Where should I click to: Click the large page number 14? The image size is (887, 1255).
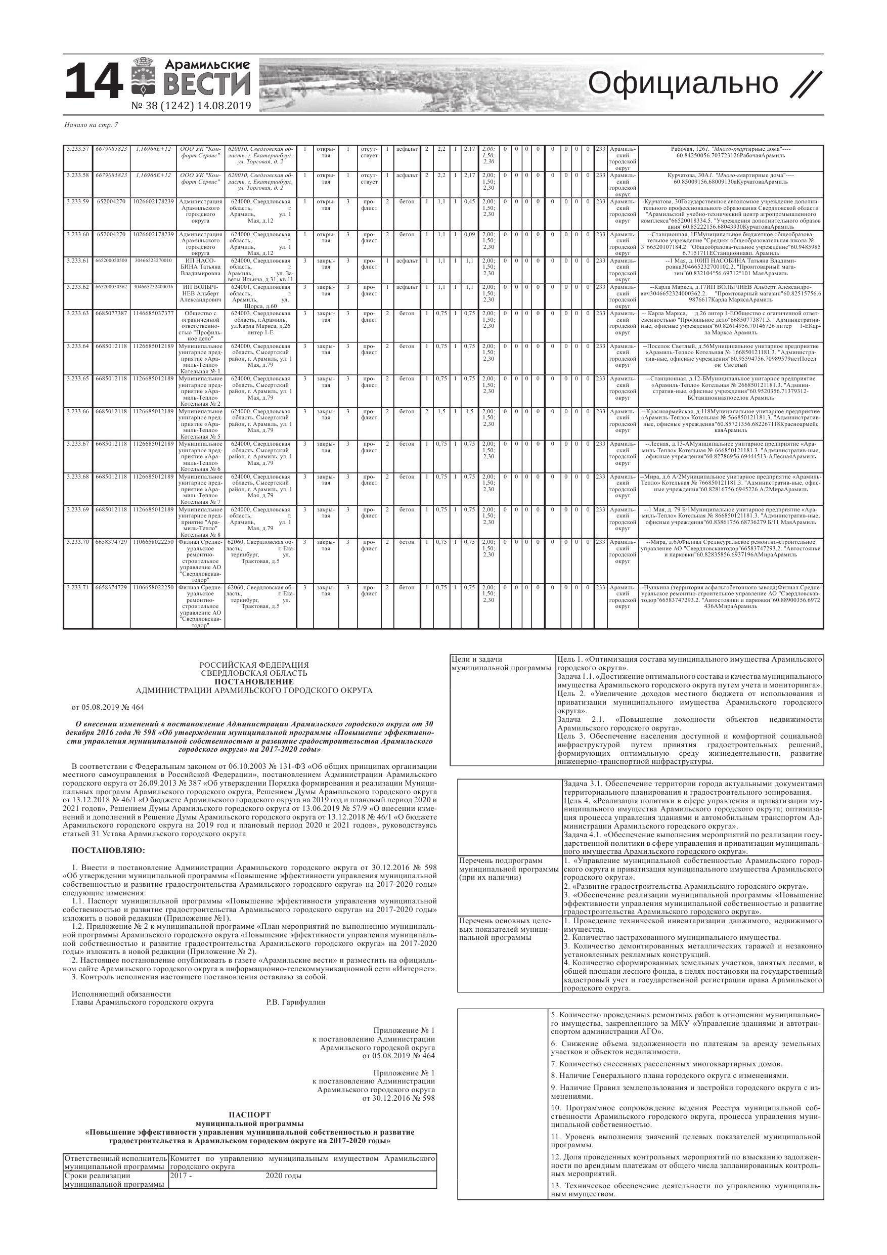click(93, 82)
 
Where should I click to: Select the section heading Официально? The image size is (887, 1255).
click(683, 83)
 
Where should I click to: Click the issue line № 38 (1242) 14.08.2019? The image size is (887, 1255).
click(191, 106)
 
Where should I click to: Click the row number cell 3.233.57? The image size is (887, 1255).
click(77, 149)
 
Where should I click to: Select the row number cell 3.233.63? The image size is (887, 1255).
click(77, 313)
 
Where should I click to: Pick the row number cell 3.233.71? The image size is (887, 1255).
click(77, 588)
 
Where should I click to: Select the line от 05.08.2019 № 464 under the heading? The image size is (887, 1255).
click(108, 707)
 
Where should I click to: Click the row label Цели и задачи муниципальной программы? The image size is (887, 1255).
click(502, 664)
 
